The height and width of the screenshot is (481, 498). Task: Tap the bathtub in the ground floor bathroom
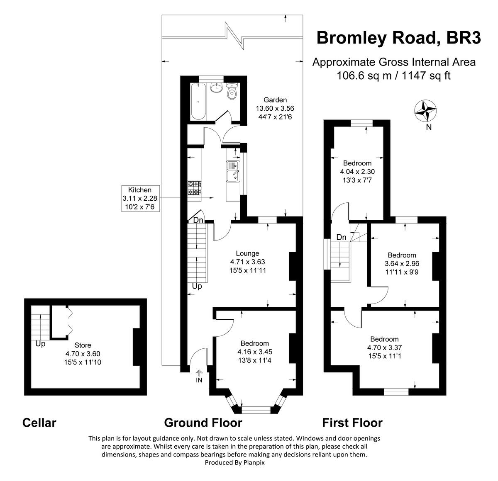click(x=198, y=102)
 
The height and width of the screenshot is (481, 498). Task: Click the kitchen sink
click(x=233, y=172)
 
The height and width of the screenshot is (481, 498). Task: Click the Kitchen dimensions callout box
click(x=140, y=198)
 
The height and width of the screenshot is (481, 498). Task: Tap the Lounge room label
click(x=247, y=253)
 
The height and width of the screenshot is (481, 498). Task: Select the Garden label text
click(x=275, y=100)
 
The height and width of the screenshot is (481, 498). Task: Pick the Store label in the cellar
click(x=83, y=345)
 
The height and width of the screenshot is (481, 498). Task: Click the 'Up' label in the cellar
click(x=40, y=344)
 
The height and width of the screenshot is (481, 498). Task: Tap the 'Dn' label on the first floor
click(x=341, y=238)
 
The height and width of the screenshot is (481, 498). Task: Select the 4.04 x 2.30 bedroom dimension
click(x=357, y=171)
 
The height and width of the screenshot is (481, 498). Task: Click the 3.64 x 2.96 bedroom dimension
click(x=402, y=264)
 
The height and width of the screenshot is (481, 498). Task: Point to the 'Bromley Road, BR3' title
click(x=398, y=38)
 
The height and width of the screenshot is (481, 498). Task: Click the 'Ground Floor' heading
click(x=203, y=423)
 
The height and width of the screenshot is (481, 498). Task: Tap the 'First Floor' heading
click(x=352, y=423)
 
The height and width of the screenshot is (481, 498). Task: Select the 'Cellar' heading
click(x=39, y=423)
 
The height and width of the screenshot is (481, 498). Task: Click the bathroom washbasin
click(x=216, y=88)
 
